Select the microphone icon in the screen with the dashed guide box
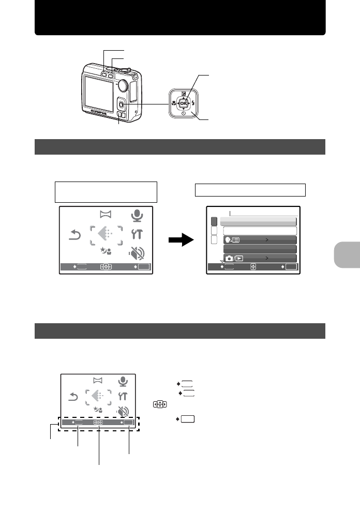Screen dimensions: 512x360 coord(123,381)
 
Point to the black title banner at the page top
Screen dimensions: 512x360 coord(180,18)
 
